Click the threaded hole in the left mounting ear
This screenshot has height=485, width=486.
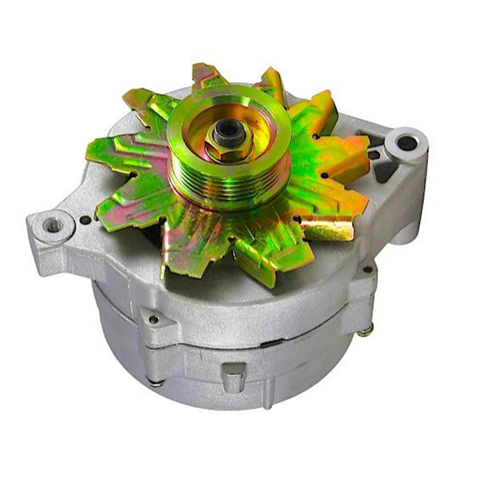click(52, 225)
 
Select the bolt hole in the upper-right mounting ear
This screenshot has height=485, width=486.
click(407, 143)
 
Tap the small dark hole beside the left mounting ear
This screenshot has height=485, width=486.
click(85, 220)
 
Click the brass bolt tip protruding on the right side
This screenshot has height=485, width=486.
click(365, 330)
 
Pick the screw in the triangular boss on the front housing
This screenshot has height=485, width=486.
click(154, 319)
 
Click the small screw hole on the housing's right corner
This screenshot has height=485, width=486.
click(368, 269)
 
